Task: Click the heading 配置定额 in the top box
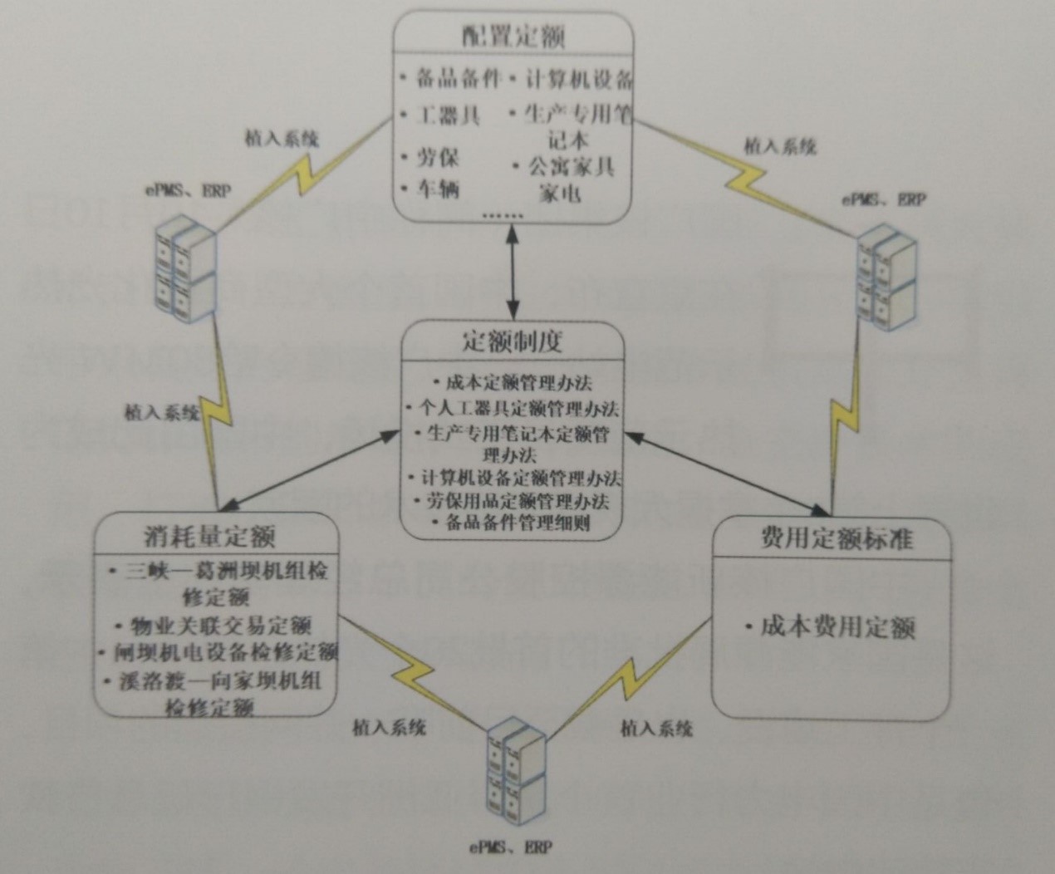coord(513,37)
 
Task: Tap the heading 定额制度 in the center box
coord(512,341)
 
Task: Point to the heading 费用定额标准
coord(835,539)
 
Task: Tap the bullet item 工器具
coord(447,114)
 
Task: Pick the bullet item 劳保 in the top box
coord(437,157)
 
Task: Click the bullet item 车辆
coord(437,189)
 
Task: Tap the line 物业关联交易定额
coord(219,624)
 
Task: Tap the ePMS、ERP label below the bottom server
coord(509,848)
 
